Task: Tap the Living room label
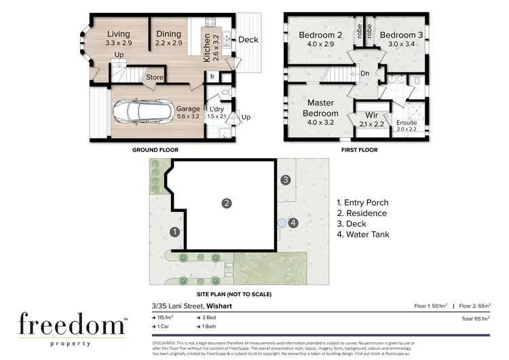tap(119, 34)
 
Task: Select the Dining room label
tap(168, 34)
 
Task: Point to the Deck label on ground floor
tap(248, 39)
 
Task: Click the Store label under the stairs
tap(155, 77)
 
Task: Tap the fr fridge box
tap(212, 77)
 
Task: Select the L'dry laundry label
tap(216, 109)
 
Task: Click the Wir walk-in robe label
tap(371, 115)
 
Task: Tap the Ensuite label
tap(407, 122)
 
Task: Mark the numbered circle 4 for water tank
tap(293, 222)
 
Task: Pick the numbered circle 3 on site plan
tap(286, 179)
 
